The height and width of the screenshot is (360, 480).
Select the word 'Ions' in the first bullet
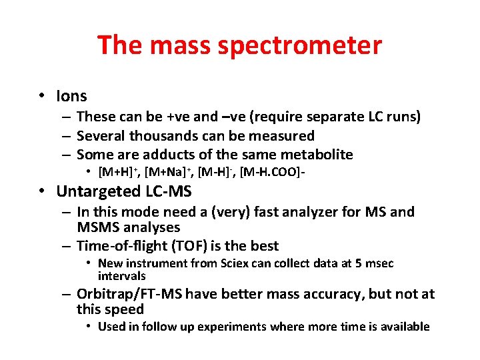point(71,97)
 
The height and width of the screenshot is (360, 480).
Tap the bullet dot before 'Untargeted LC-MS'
point(42,192)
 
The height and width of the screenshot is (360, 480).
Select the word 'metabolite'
point(317,155)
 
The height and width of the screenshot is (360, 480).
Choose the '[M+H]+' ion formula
point(117,173)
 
